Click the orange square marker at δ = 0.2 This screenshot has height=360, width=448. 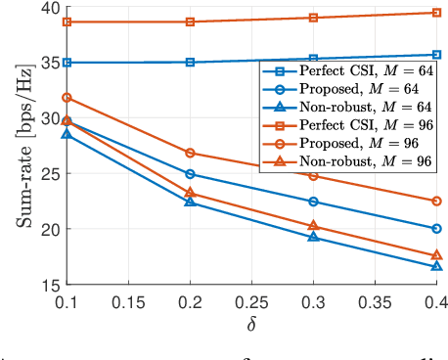(x=190, y=22)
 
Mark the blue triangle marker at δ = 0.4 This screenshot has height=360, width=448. (x=436, y=266)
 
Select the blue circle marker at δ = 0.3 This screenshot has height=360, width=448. (x=313, y=202)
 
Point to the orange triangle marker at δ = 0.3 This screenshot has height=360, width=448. (x=313, y=226)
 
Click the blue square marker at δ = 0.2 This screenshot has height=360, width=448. (x=190, y=62)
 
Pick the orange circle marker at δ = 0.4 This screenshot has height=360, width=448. (x=436, y=201)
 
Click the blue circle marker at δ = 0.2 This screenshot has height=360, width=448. (x=190, y=174)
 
